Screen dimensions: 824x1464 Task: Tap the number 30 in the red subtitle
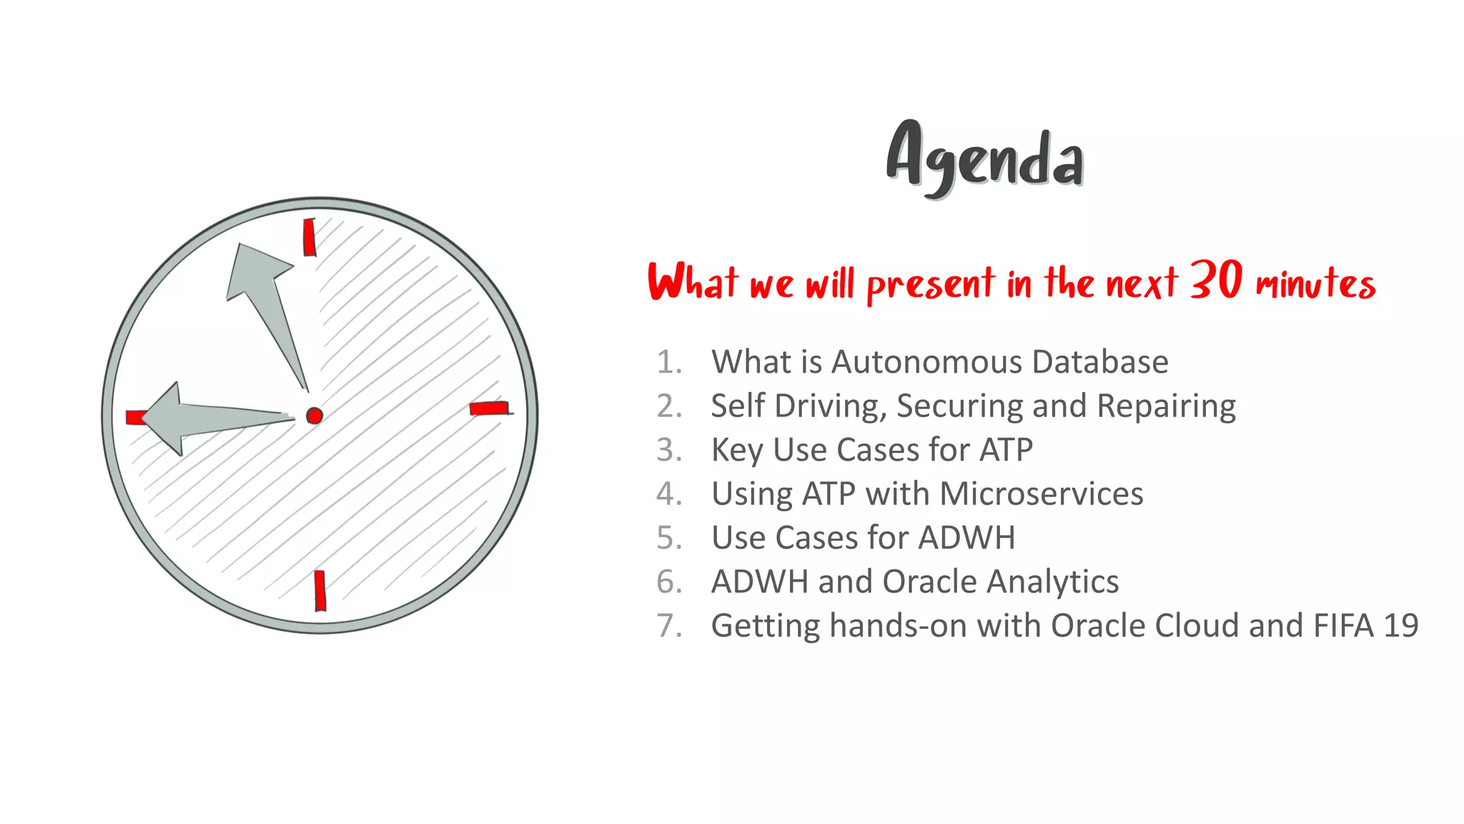pyautogui.click(x=1216, y=280)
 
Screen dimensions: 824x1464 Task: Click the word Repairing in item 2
pyautogui.click(x=1166, y=406)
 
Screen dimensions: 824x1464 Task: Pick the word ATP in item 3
pyautogui.click(x=1006, y=450)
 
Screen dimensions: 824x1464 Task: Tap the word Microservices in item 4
pyautogui.click(x=1042, y=494)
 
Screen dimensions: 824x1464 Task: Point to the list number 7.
pyautogui.click(x=668, y=626)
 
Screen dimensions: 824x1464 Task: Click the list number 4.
pyautogui.click(x=668, y=494)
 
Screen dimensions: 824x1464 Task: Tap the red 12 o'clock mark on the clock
pyautogui.click(x=310, y=237)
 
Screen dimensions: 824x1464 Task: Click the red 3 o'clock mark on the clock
pyautogui.click(x=490, y=408)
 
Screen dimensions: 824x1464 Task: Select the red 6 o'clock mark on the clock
pyautogui.click(x=320, y=590)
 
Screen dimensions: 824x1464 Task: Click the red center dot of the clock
pyautogui.click(x=315, y=416)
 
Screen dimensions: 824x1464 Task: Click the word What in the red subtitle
pyautogui.click(x=692, y=282)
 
